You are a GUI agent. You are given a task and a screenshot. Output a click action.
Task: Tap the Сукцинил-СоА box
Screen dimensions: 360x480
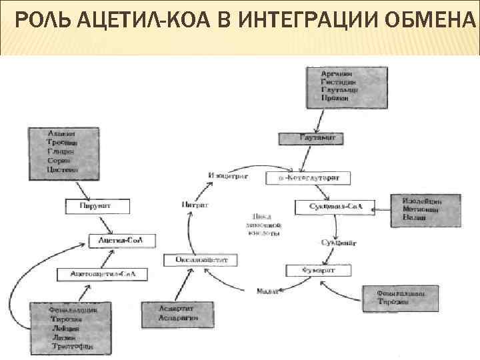(335, 207)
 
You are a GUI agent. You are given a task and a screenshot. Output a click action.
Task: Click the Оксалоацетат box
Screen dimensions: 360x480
(201, 260)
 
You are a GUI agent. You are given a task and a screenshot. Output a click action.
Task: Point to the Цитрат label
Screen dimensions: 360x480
(194, 205)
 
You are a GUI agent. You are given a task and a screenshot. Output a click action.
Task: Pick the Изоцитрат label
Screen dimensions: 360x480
(228, 176)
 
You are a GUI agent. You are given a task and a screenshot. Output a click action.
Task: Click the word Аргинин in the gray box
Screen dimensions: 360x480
(337, 72)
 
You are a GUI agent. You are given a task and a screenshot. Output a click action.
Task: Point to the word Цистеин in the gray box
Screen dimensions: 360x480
(62, 170)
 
